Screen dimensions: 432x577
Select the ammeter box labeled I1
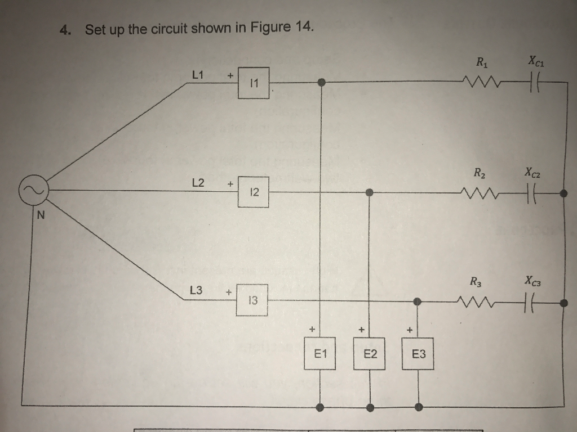(x=254, y=83)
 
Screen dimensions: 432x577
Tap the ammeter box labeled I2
(x=254, y=192)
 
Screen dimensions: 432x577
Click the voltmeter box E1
(x=320, y=354)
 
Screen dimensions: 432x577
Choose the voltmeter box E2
(x=369, y=354)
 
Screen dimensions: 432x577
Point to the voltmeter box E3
(x=418, y=354)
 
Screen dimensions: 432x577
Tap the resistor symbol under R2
(x=480, y=195)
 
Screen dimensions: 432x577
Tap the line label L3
(x=197, y=291)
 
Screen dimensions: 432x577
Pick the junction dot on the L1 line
(x=321, y=83)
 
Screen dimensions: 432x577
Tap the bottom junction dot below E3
(x=418, y=407)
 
